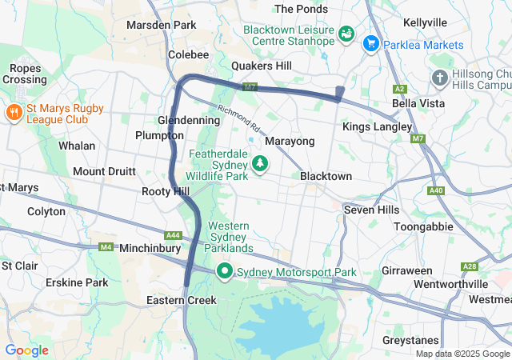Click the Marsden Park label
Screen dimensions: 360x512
(x=161, y=25)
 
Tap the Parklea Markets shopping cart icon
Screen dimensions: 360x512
(x=370, y=43)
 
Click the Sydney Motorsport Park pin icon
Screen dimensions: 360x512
(x=225, y=272)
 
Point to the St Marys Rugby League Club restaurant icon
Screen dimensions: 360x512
(x=14, y=112)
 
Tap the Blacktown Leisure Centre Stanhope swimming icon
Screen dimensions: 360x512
(x=346, y=34)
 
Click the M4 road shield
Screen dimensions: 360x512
(x=106, y=247)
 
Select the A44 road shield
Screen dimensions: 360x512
(x=172, y=235)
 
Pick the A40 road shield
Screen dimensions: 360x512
(x=436, y=190)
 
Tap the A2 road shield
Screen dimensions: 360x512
(x=400, y=89)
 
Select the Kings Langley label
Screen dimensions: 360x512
(x=377, y=126)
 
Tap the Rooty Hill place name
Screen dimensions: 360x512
(x=165, y=191)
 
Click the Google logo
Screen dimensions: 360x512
(x=26, y=350)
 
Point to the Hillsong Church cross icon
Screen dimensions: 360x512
(x=439, y=78)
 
